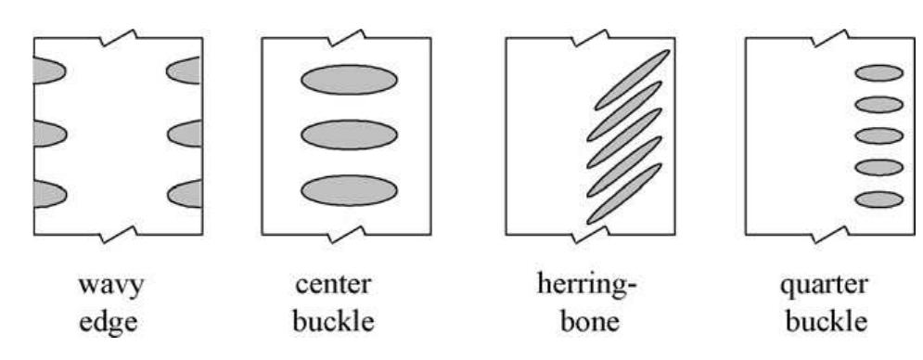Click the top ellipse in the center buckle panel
coord(349,80)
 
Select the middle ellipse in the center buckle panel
coord(349,135)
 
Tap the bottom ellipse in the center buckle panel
coord(349,190)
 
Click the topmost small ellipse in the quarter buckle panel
coord(878,73)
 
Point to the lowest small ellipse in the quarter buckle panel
coord(878,199)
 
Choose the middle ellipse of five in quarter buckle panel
coord(878,135)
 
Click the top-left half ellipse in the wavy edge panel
coord(47,70)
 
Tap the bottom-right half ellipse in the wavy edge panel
coord(186,193)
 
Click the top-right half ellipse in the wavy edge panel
coord(186,70)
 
